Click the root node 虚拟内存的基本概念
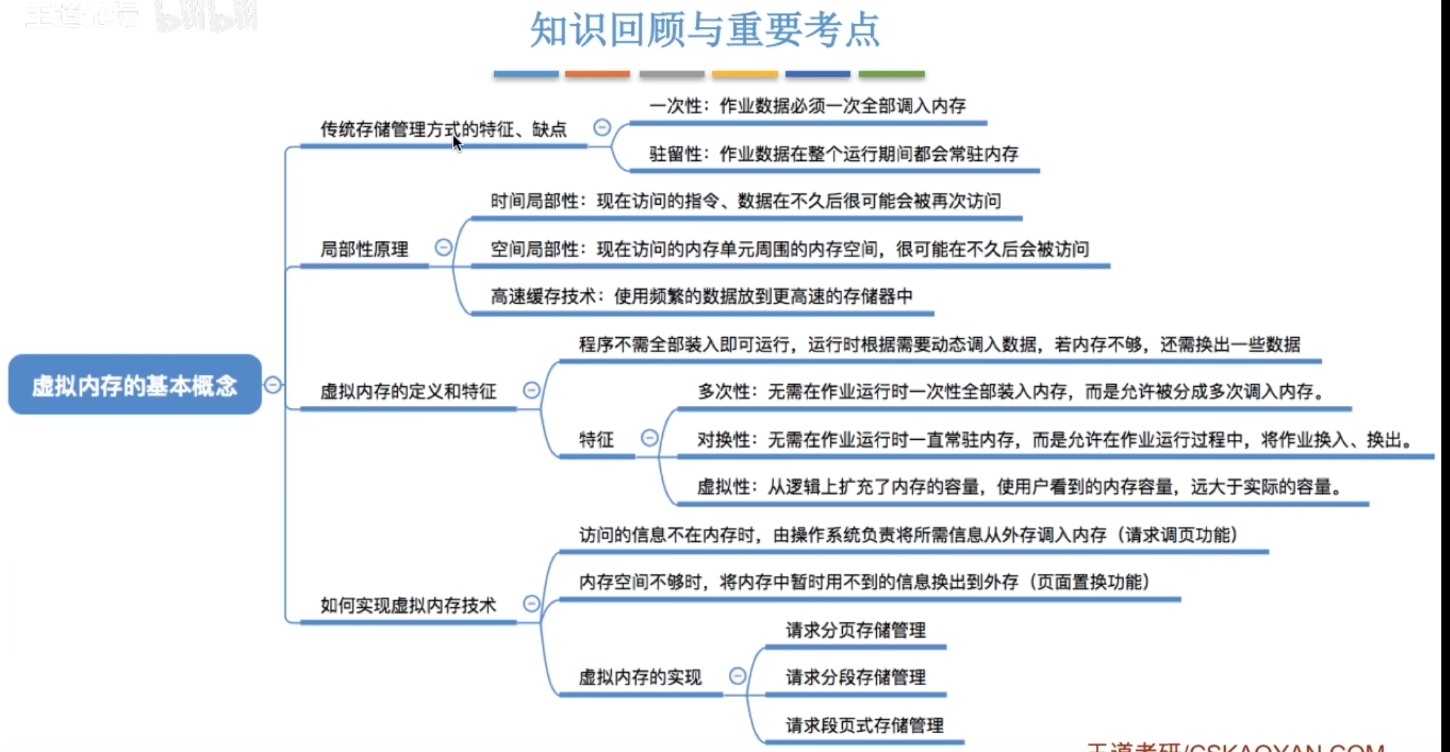pos(135,385)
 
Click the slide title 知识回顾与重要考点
pos(705,29)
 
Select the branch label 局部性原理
pos(364,249)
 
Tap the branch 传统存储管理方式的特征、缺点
pos(443,129)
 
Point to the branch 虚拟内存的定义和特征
pos(408,391)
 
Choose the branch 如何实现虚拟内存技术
pos(408,605)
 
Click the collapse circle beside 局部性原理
pos(444,247)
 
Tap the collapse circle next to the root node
pos(273,385)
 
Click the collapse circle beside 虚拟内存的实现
pos(737,675)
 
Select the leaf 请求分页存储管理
pos(855,630)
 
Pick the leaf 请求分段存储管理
pos(855,677)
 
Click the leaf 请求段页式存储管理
pos(864,725)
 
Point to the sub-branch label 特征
pos(596,439)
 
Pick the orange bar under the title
pos(597,75)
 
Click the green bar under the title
pos(891,75)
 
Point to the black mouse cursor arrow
pos(457,143)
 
